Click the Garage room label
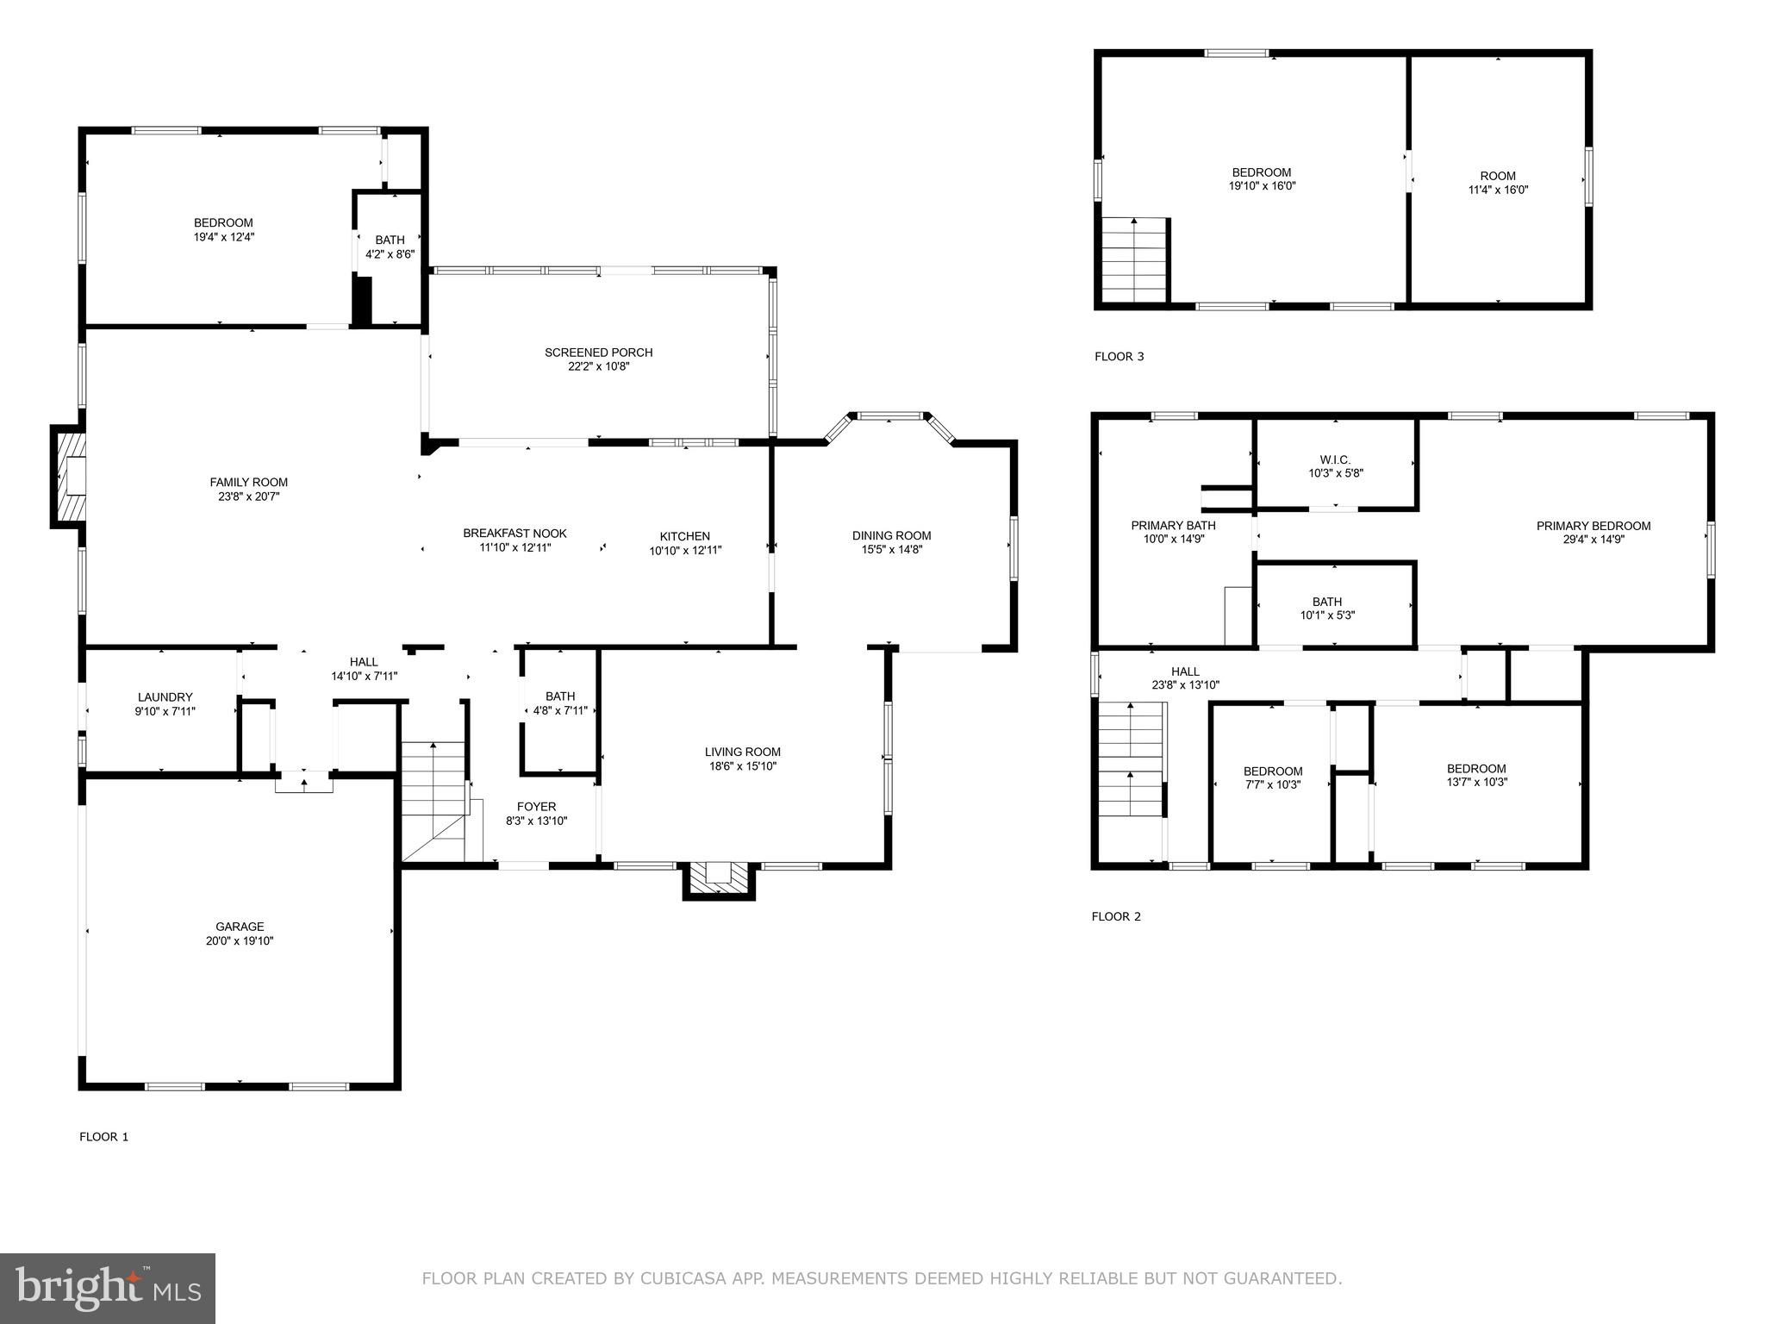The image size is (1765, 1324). pos(240,927)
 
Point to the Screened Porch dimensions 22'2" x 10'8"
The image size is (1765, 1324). pos(599,366)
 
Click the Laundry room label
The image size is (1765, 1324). pos(165,697)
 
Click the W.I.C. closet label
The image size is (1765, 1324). pos(1335,459)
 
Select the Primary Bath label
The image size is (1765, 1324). pos(1173,526)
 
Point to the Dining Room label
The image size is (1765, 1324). pos(891,535)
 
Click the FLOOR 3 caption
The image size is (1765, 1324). pos(1119,356)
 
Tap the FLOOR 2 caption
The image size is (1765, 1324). pos(1116,916)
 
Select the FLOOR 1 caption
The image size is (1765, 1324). pos(103,1136)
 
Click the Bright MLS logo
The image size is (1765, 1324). pos(108,1289)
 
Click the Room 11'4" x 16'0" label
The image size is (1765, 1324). pos(1498,176)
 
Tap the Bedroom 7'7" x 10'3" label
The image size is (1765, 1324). pos(1272,771)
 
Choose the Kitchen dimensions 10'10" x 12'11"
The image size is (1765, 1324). pos(685,550)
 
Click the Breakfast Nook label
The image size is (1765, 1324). pos(515,534)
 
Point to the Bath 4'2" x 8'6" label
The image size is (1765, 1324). pos(390,240)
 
